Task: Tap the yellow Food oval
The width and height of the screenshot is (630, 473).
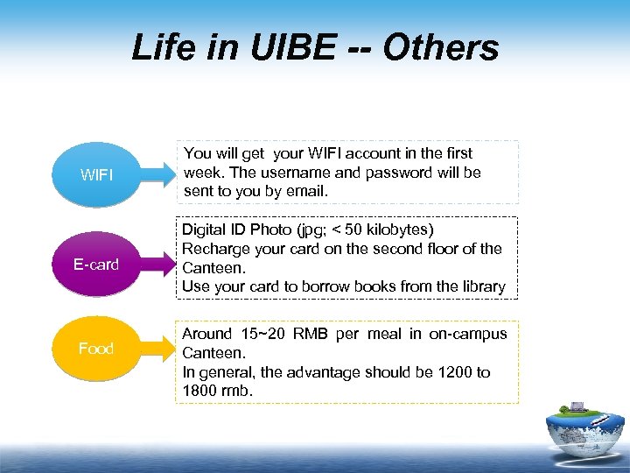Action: click(x=96, y=348)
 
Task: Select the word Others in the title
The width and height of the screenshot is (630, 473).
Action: click(x=442, y=48)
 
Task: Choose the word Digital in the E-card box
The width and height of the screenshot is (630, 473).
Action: click(x=204, y=229)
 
